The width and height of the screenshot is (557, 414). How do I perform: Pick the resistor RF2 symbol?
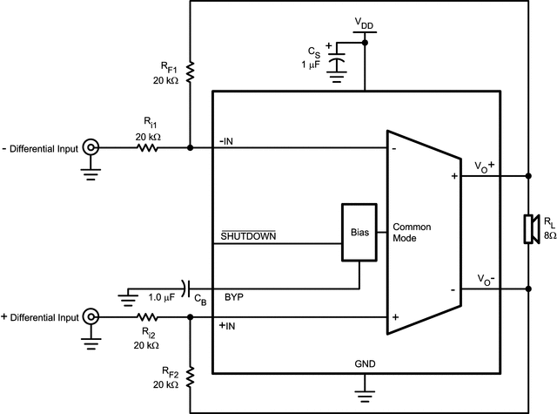click(x=191, y=376)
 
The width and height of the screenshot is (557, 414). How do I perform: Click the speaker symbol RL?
click(x=527, y=230)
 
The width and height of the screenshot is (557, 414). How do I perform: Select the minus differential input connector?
click(x=90, y=148)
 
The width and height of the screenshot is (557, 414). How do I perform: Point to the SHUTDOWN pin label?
click(x=248, y=236)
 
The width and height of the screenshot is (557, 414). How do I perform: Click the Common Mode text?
click(x=412, y=233)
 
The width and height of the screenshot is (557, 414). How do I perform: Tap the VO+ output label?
click(x=485, y=165)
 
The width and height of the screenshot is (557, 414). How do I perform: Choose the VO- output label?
click(x=485, y=279)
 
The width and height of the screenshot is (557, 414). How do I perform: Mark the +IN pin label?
click(x=227, y=326)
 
